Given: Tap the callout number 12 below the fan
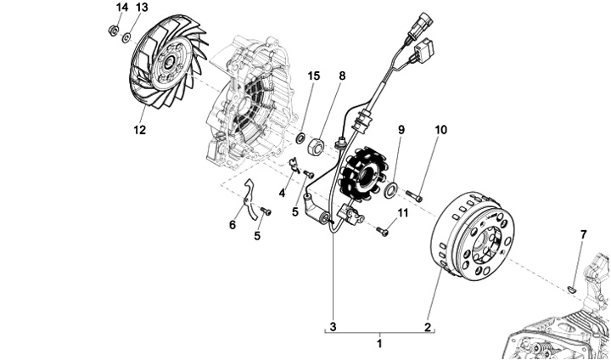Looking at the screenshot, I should [139, 130].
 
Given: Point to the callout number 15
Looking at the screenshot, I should [313, 76].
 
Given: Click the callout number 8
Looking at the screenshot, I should [342, 76].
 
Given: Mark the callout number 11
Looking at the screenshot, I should [403, 212].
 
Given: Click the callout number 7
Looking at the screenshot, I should [583, 233].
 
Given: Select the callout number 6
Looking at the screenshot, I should [232, 225].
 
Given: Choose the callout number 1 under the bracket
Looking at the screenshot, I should [379, 343].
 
